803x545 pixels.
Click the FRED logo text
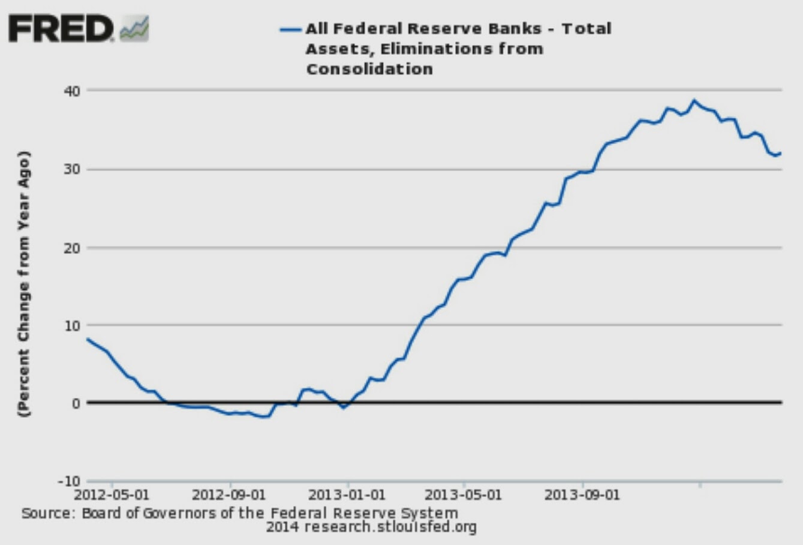(x=61, y=28)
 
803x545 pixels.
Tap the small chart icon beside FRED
(x=134, y=29)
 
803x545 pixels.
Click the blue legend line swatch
(x=290, y=29)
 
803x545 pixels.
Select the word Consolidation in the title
(x=369, y=69)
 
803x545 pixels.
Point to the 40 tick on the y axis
(x=72, y=91)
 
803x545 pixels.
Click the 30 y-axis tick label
(x=72, y=169)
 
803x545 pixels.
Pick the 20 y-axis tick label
(x=72, y=247)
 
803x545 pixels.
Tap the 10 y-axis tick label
(x=72, y=325)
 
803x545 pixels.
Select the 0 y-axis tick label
(x=76, y=403)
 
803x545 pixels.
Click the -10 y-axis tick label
(x=68, y=481)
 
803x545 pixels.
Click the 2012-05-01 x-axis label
(x=112, y=496)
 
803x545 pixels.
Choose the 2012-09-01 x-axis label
(x=228, y=496)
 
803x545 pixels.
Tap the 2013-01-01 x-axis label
(x=346, y=496)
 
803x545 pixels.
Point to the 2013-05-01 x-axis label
(x=463, y=496)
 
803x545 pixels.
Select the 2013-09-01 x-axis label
(x=582, y=496)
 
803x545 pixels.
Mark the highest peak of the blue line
(x=694, y=100)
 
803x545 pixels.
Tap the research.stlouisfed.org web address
(x=390, y=528)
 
